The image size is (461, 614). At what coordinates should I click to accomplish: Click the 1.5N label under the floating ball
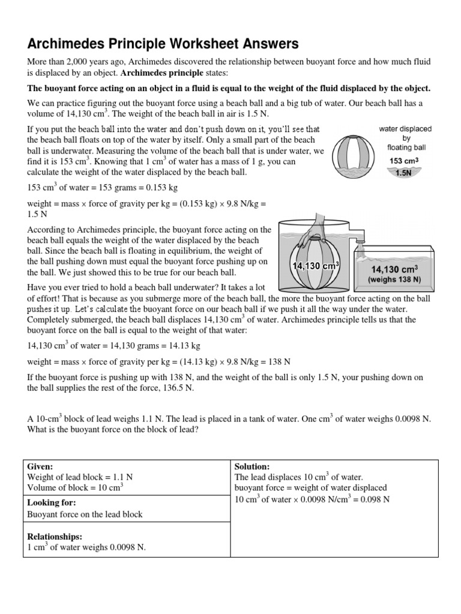pyautogui.click(x=403, y=173)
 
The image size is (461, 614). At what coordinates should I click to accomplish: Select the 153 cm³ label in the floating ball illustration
pyautogui.click(x=403, y=161)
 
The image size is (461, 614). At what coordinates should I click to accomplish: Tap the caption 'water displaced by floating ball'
pyautogui.click(x=405, y=137)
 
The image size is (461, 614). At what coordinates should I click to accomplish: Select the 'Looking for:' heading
pyautogui.click(x=52, y=502)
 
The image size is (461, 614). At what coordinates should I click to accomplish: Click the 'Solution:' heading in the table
pyautogui.click(x=252, y=466)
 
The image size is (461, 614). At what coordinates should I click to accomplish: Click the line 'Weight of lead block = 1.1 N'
pyautogui.click(x=80, y=477)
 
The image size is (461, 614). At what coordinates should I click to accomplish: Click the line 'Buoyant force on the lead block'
pyautogui.click(x=85, y=514)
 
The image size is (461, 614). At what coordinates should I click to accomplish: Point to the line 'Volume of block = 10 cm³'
pyautogui.click(x=75, y=487)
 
